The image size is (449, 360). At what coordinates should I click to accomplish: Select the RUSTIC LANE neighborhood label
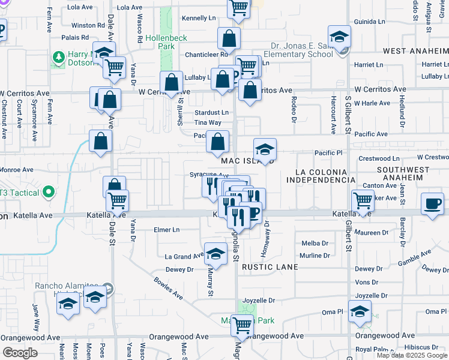coord(267,269)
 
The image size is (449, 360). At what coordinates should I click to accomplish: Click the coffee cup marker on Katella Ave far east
coord(432,204)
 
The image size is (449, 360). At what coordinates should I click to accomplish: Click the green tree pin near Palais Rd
coord(58,58)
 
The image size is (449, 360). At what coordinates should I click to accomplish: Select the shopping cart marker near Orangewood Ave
coord(242,325)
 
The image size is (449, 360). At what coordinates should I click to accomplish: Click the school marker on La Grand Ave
coord(215,254)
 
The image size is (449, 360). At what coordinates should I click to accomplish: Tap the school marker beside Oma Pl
coord(360,311)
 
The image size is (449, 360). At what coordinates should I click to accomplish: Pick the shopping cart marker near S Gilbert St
coord(363,202)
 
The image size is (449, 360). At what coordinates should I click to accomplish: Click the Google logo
coord(20,353)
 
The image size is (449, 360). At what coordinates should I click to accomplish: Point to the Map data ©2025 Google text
coord(411,355)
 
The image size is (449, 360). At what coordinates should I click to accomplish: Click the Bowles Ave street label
coord(168,288)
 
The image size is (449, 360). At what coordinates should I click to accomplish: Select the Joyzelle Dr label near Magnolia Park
coord(258,300)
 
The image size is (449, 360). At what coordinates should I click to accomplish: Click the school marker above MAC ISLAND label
coord(264,149)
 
